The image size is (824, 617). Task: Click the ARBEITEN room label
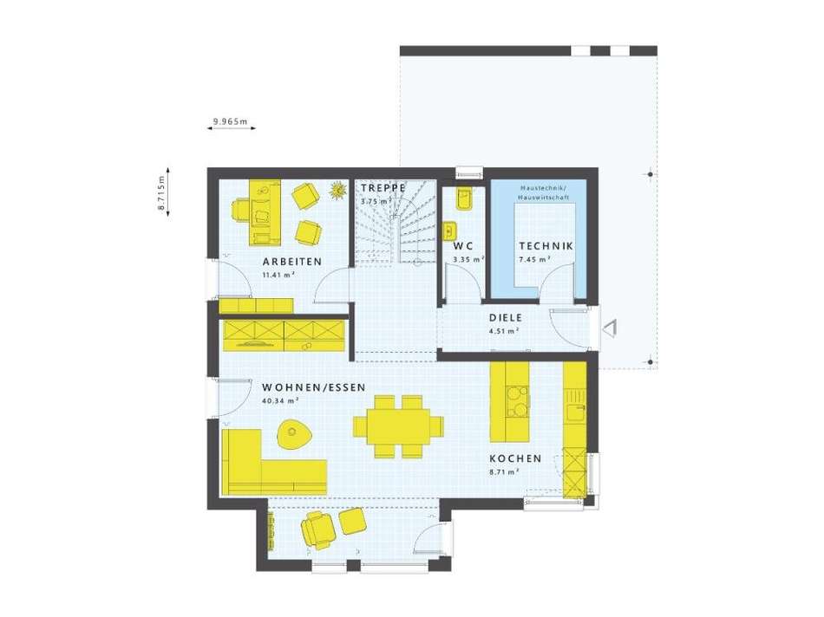coord(292,261)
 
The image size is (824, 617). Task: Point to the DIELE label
coord(504,317)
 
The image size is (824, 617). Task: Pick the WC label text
coord(463,246)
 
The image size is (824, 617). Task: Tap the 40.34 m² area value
coord(279,401)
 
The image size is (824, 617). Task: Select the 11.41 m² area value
coord(278,275)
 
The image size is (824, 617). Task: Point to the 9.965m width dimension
coord(230,122)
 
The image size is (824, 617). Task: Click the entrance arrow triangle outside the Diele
coord(611,328)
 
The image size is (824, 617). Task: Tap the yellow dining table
coord(398,426)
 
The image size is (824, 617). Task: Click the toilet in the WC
coord(462,198)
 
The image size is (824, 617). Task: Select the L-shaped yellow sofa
coord(252,468)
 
